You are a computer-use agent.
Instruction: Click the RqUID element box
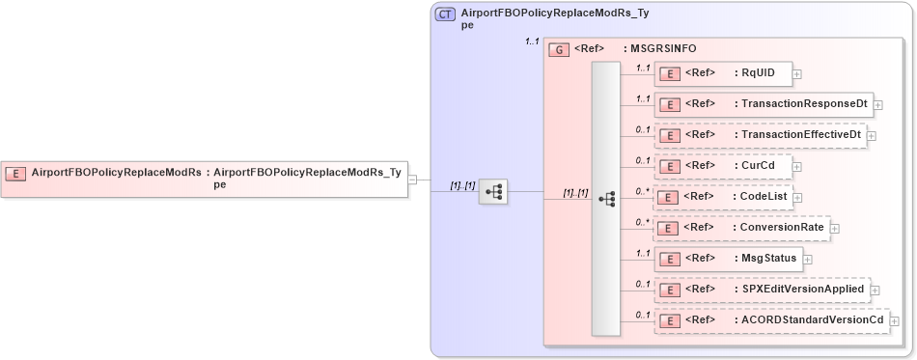point(723,73)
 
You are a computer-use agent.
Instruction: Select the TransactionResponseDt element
point(763,104)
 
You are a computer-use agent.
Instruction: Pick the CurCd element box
point(723,166)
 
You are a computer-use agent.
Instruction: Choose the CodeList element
point(723,197)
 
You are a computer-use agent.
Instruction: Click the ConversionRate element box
point(741,228)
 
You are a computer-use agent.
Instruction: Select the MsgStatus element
point(728,259)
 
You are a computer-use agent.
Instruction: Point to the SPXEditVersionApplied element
point(762,289)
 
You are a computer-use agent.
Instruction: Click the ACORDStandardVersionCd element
point(771,319)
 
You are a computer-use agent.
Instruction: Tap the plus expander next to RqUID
point(796,74)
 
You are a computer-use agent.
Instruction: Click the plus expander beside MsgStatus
point(807,260)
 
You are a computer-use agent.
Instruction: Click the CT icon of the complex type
point(445,14)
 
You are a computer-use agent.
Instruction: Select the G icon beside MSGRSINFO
point(558,49)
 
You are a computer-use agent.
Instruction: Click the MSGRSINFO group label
point(663,48)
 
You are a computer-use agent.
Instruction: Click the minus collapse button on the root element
point(412,179)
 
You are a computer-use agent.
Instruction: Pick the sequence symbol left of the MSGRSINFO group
point(493,192)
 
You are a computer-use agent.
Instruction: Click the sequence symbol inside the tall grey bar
point(606,200)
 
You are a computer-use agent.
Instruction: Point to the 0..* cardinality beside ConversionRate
point(641,222)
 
